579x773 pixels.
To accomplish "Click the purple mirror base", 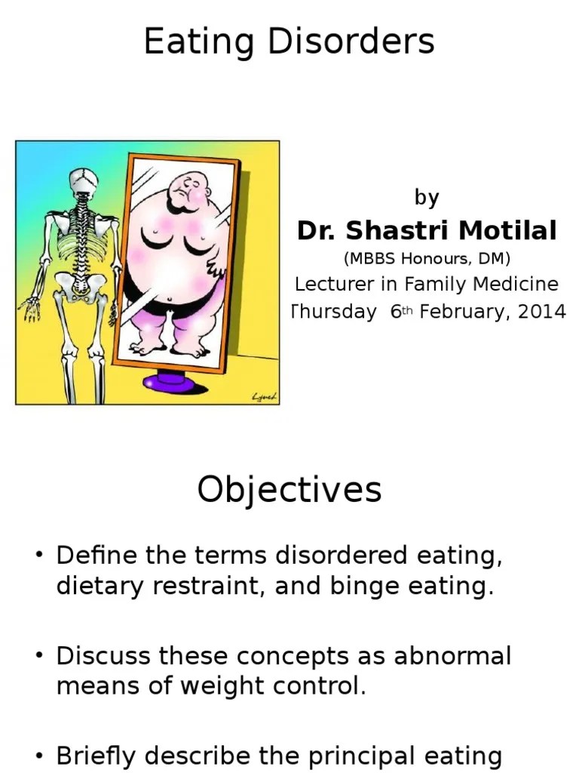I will click(x=175, y=381).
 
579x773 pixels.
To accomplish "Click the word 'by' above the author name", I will click(x=427, y=198).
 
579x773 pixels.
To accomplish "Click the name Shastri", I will click(x=391, y=230).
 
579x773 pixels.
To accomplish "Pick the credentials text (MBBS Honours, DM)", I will click(x=427, y=259).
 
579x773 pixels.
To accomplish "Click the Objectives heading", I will click(x=289, y=491).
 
